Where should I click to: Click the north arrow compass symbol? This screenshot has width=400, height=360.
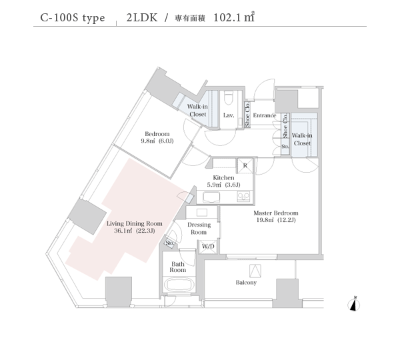(x=354, y=304)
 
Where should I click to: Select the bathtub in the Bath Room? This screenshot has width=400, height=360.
(x=179, y=285)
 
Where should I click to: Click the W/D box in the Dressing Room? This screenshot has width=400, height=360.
(x=208, y=247)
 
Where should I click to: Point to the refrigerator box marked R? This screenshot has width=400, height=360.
(x=245, y=166)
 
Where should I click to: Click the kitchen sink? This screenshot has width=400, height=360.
(x=211, y=197)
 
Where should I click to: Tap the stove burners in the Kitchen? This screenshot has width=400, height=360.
(x=243, y=197)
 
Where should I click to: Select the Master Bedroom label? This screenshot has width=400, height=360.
(x=276, y=213)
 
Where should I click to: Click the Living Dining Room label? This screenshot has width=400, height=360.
(x=135, y=224)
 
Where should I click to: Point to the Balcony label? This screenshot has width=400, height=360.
(x=246, y=283)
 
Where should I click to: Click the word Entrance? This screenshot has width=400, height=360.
(x=265, y=115)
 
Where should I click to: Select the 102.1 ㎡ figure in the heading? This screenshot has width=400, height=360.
(x=234, y=17)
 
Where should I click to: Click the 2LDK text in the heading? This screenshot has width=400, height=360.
(x=142, y=18)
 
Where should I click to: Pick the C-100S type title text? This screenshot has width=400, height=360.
(x=73, y=18)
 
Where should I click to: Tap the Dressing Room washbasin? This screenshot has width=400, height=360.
(x=202, y=213)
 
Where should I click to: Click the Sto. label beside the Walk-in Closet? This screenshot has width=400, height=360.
(x=285, y=147)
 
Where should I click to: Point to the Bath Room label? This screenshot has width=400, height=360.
(x=178, y=267)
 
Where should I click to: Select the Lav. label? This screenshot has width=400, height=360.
(x=229, y=115)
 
